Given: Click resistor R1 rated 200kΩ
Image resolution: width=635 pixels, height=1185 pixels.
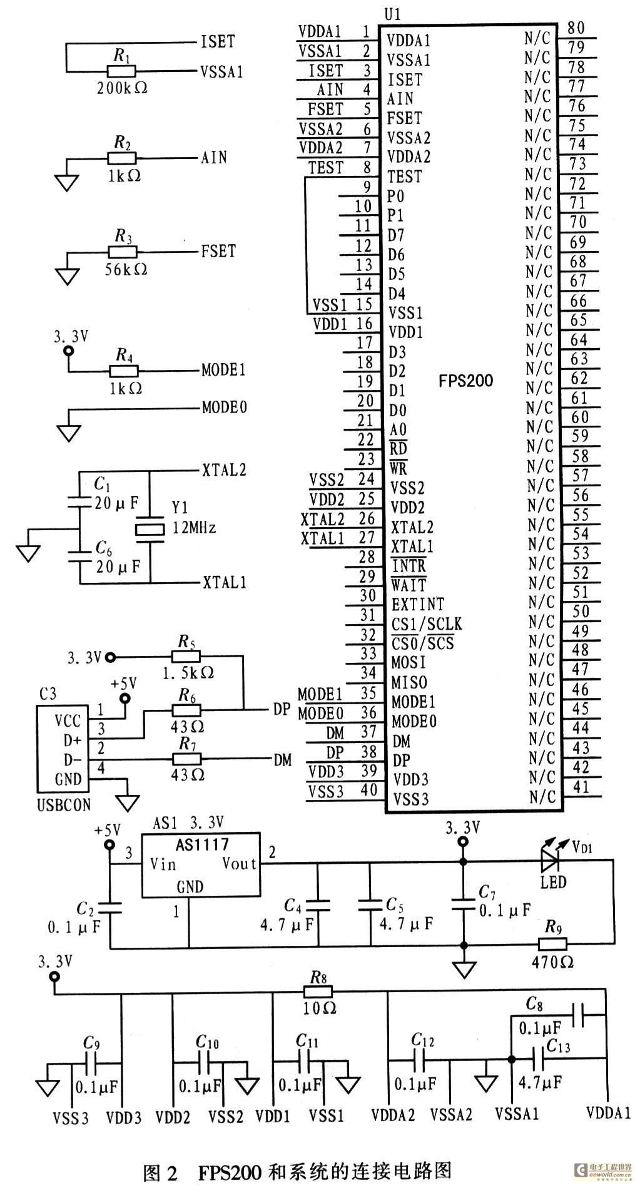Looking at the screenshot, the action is click(x=122, y=72).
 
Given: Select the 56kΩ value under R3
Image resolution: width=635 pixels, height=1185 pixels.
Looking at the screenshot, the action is click(x=123, y=269).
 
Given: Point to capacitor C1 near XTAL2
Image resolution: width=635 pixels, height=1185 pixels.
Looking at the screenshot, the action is click(x=79, y=501).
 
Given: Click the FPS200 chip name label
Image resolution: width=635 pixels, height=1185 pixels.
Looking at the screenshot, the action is click(x=466, y=380).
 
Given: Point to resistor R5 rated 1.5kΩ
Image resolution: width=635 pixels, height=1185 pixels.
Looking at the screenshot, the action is click(x=186, y=657).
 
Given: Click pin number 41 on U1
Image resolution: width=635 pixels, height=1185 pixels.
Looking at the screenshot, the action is click(x=581, y=786).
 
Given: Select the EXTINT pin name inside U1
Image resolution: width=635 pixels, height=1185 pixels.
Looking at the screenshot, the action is click(x=418, y=604).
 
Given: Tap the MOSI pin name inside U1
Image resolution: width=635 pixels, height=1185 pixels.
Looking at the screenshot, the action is click(x=409, y=662).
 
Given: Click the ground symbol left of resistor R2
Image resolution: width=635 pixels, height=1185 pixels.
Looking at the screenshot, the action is click(x=67, y=182).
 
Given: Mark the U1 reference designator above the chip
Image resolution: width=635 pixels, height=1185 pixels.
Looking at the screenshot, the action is click(x=394, y=14).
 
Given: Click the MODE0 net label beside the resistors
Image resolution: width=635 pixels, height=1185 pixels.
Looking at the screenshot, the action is click(x=224, y=408).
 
